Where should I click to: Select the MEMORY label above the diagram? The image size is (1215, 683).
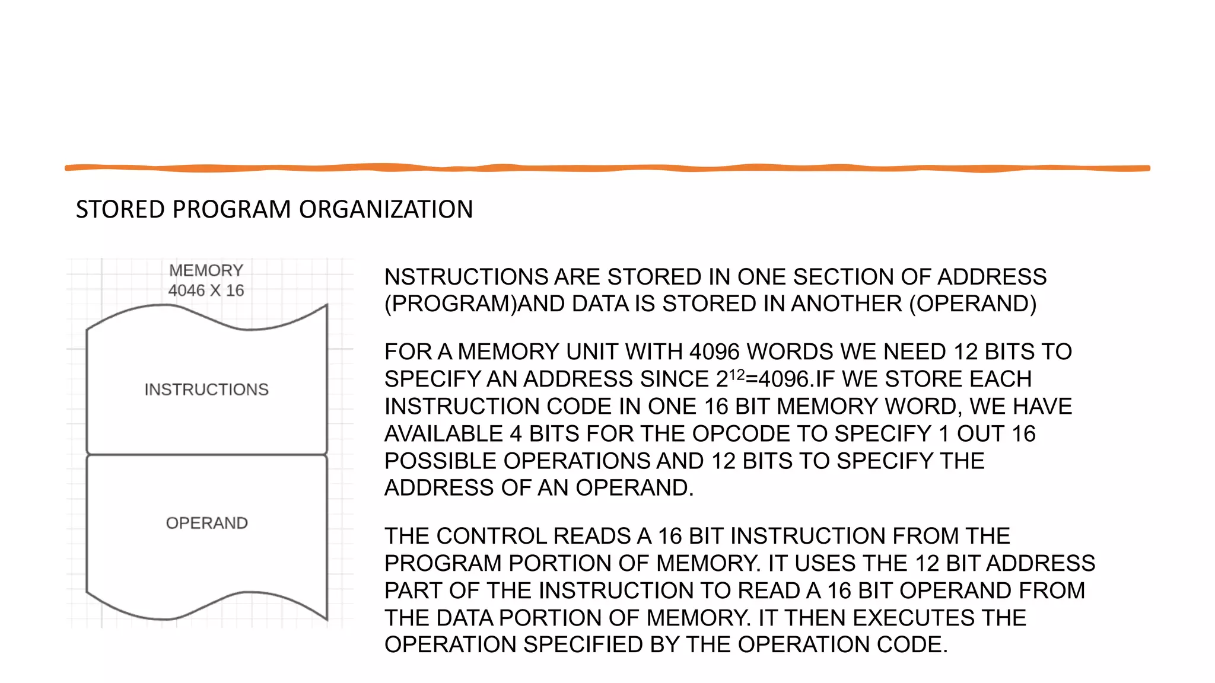click(x=206, y=270)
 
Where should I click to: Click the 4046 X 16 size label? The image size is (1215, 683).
click(x=206, y=291)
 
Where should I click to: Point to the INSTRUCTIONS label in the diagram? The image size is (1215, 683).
click(x=206, y=390)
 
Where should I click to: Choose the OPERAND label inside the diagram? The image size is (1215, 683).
click(x=206, y=523)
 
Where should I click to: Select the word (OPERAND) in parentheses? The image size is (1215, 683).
click(x=973, y=304)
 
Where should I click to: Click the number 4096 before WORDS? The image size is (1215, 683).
click(x=714, y=352)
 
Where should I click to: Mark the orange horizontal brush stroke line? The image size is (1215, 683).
click(x=607, y=168)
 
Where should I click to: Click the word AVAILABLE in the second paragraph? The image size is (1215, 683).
click(x=444, y=433)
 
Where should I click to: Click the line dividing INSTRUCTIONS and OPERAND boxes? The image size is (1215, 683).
click(x=206, y=455)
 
